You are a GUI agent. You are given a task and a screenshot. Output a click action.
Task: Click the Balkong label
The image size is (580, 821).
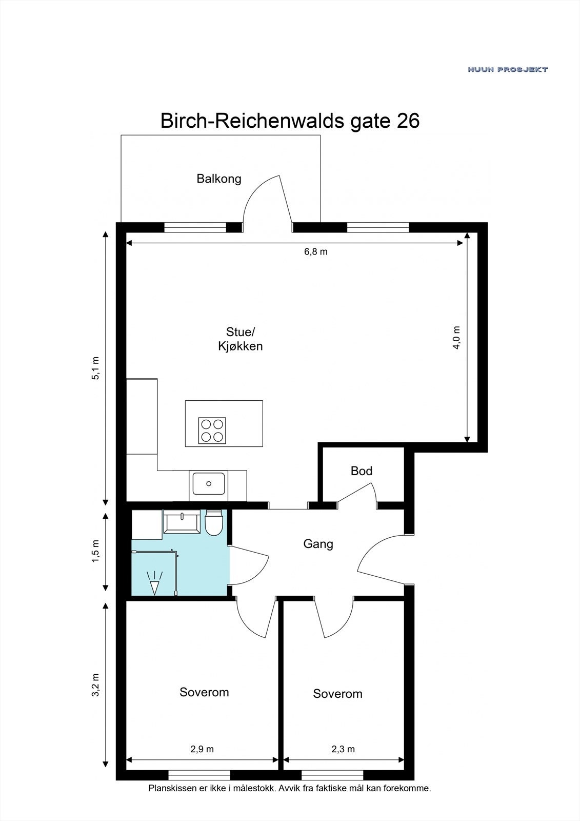(219, 179)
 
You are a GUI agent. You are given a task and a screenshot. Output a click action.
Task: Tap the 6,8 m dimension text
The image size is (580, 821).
(315, 251)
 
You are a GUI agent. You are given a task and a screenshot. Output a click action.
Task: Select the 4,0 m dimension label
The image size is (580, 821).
(456, 338)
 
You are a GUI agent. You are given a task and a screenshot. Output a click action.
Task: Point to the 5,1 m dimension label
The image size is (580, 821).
(95, 367)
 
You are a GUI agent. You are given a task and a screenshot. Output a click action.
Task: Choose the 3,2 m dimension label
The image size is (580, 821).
(95, 685)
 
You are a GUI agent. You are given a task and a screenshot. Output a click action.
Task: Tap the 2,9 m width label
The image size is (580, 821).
(202, 749)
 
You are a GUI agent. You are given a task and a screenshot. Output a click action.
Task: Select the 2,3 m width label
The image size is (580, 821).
(343, 749)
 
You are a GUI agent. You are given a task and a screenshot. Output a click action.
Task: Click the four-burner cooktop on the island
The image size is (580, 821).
(212, 431)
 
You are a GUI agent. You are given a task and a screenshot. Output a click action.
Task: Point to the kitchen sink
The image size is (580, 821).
(209, 483)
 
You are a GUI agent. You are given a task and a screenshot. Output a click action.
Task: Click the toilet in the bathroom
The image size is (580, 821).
(213, 523)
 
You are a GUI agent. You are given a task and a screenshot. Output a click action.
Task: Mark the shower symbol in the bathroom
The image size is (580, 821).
(154, 582)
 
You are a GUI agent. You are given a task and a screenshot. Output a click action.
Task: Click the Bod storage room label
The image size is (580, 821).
(362, 471)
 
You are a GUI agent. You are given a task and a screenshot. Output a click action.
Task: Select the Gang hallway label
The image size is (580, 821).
(318, 544)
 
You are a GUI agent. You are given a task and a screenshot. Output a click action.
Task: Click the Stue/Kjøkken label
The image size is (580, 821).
(241, 339)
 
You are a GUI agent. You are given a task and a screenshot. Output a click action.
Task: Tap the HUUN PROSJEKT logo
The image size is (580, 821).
(507, 69)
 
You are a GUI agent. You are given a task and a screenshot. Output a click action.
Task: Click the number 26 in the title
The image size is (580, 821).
(408, 121)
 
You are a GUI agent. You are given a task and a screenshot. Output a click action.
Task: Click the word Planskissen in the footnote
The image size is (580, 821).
(172, 788)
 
